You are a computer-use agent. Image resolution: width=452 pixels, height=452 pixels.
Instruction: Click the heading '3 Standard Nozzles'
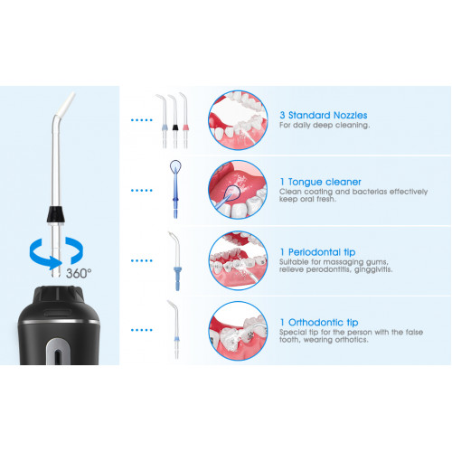click(x=324, y=115)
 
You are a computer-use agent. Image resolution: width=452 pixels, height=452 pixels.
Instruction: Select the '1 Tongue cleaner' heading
click(x=320, y=182)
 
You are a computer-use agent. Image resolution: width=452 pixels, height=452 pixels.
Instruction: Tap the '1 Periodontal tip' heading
click(x=317, y=252)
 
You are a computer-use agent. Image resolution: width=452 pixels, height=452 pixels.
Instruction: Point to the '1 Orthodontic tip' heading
click(x=319, y=323)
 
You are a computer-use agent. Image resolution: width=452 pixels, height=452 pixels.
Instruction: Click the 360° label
click(x=79, y=273)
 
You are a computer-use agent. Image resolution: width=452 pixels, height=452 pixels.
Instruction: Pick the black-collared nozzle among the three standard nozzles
click(x=174, y=121)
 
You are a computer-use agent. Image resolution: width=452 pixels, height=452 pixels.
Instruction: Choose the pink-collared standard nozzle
click(x=184, y=120)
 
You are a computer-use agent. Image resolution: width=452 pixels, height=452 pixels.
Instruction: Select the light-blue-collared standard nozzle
click(x=164, y=121)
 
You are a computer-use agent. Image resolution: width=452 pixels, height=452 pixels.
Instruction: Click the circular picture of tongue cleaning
click(x=238, y=189)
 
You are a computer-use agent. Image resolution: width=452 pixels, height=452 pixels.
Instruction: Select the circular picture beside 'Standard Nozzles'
click(x=238, y=120)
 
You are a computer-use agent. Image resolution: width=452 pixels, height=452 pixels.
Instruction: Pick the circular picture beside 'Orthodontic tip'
click(x=238, y=331)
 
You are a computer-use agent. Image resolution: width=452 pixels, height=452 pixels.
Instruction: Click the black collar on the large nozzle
click(x=56, y=214)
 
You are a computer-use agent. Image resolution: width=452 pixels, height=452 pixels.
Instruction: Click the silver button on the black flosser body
click(x=58, y=352)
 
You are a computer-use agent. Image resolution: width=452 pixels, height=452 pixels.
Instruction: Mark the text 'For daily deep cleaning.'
click(x=325, y=125)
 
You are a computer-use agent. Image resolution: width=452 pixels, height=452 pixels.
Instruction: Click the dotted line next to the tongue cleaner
click(x=142, y=191)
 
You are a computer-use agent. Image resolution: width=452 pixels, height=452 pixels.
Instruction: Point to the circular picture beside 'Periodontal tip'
click(x=238, y=260)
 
